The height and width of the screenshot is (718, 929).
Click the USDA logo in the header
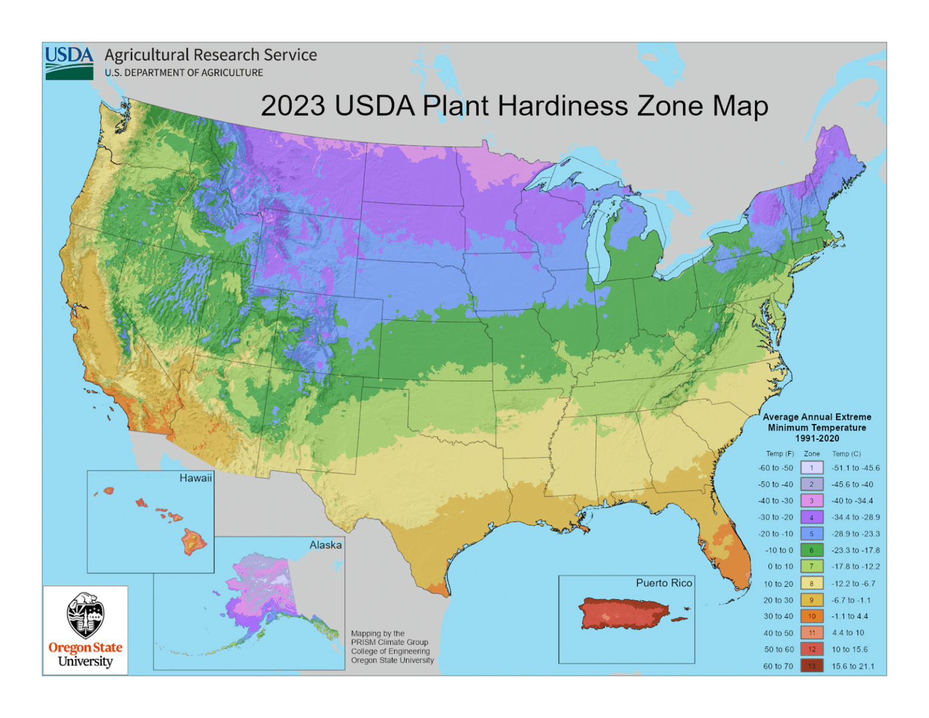(69, 63)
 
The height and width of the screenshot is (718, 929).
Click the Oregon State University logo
(85, 630)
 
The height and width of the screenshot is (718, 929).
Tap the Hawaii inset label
(195, 478)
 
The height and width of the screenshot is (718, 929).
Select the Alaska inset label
(325, 545)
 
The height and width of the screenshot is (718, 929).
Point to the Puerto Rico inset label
(663, 583)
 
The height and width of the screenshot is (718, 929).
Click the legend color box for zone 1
(812, 468)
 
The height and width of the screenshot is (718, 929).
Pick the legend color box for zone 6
(812, 550)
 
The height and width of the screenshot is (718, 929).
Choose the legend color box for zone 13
(812, 666)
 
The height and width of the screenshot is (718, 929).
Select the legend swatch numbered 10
(812, 616)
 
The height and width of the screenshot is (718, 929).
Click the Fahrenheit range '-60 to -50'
(775, 468)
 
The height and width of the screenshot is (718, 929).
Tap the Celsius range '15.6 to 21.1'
(853, 666)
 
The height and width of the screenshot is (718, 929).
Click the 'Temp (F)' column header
(780, 454)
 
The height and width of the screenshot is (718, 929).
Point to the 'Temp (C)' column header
(846, 454)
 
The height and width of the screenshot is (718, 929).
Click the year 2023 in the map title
(293, 106)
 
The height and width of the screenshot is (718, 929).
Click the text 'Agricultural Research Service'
(210, 55)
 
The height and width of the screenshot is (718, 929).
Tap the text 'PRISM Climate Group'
(389, 642)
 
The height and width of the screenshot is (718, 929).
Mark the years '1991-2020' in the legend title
(817, 438)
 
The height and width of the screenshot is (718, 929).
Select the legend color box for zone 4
(812, 517)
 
